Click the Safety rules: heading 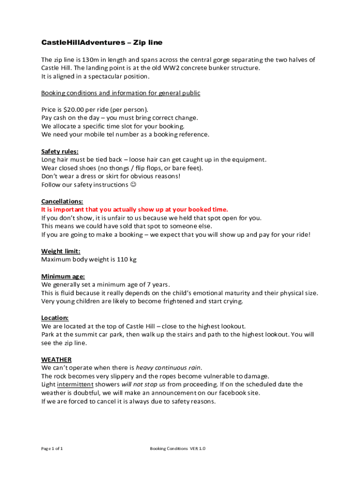point(60,151)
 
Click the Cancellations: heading point(62,201)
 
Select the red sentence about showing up point(135,210)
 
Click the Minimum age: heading point(63,276)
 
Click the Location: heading point(55,318)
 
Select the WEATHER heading point(56,360)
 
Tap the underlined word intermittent point(74,385)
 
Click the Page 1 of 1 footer point(52,449)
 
